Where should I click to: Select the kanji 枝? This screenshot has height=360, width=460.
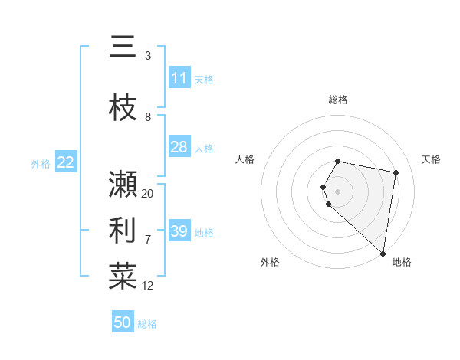pos(123,106)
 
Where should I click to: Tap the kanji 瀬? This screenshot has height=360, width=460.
pos(123,185)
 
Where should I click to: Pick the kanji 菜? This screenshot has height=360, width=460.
pos(123,277)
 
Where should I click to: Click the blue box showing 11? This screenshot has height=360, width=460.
pos(179,78)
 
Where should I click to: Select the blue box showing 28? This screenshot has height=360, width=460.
pos(179,147)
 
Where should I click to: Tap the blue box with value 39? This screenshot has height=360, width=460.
pos(179,231)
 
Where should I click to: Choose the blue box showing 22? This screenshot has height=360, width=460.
pos(66,162)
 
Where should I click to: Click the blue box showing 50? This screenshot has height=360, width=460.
pos(123,322)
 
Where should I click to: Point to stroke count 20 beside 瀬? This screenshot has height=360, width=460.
pos(148,193)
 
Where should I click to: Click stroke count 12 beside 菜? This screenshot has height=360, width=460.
pos(148,286)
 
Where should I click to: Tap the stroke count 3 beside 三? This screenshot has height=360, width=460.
pos(148,56)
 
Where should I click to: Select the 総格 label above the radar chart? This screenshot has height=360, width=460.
pos(338,100)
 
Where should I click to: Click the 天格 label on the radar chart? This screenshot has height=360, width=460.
pos(431,159)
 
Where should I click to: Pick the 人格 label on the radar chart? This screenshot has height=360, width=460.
pos(245,159)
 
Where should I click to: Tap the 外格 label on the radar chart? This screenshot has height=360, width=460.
pos(269,262)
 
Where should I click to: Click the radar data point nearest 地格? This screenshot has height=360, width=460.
pos(383,254)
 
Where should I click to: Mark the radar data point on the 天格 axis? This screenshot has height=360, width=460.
pos(396,172)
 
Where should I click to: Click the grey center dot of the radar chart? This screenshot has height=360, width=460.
pos(338,191)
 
